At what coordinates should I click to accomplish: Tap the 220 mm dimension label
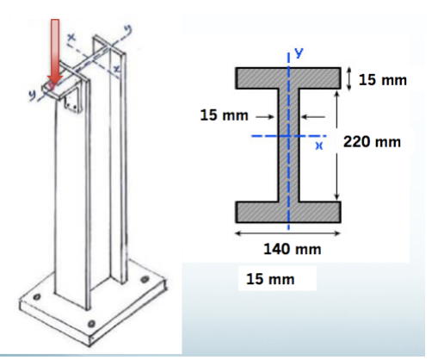pos(372,140)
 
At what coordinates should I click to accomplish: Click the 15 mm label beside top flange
pos(382,80)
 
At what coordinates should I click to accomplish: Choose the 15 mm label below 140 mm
pos(268,280)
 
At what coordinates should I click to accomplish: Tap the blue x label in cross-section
pos(318,146)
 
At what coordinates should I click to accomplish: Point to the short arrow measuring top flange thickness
pos(348,78)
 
